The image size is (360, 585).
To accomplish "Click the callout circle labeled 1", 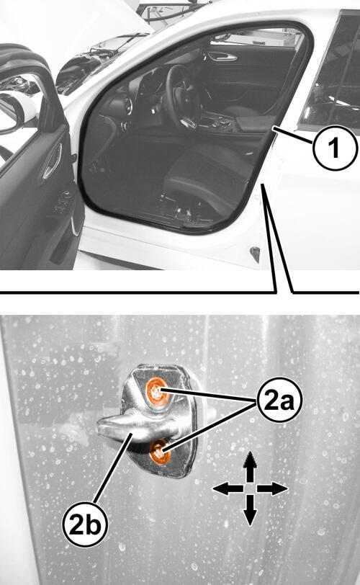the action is click(335, 148).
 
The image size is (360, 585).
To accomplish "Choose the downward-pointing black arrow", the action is click(250, 510).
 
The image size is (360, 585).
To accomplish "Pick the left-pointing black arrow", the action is click(228, 488).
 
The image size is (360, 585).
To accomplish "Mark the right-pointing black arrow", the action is click(272, 488).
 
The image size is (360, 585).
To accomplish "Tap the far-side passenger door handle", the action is click(222, 57).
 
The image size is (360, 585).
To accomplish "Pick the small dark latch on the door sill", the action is click(255, 254).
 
